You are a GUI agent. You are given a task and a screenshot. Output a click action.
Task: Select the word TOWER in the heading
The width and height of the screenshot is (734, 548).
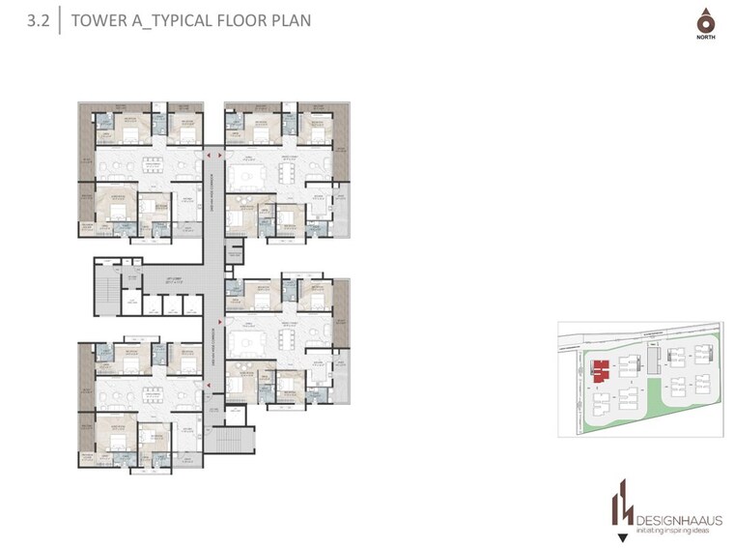click(x=102, y=19)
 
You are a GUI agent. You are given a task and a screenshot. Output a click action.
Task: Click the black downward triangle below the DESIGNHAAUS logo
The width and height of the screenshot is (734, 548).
click(x=618, y=536)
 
